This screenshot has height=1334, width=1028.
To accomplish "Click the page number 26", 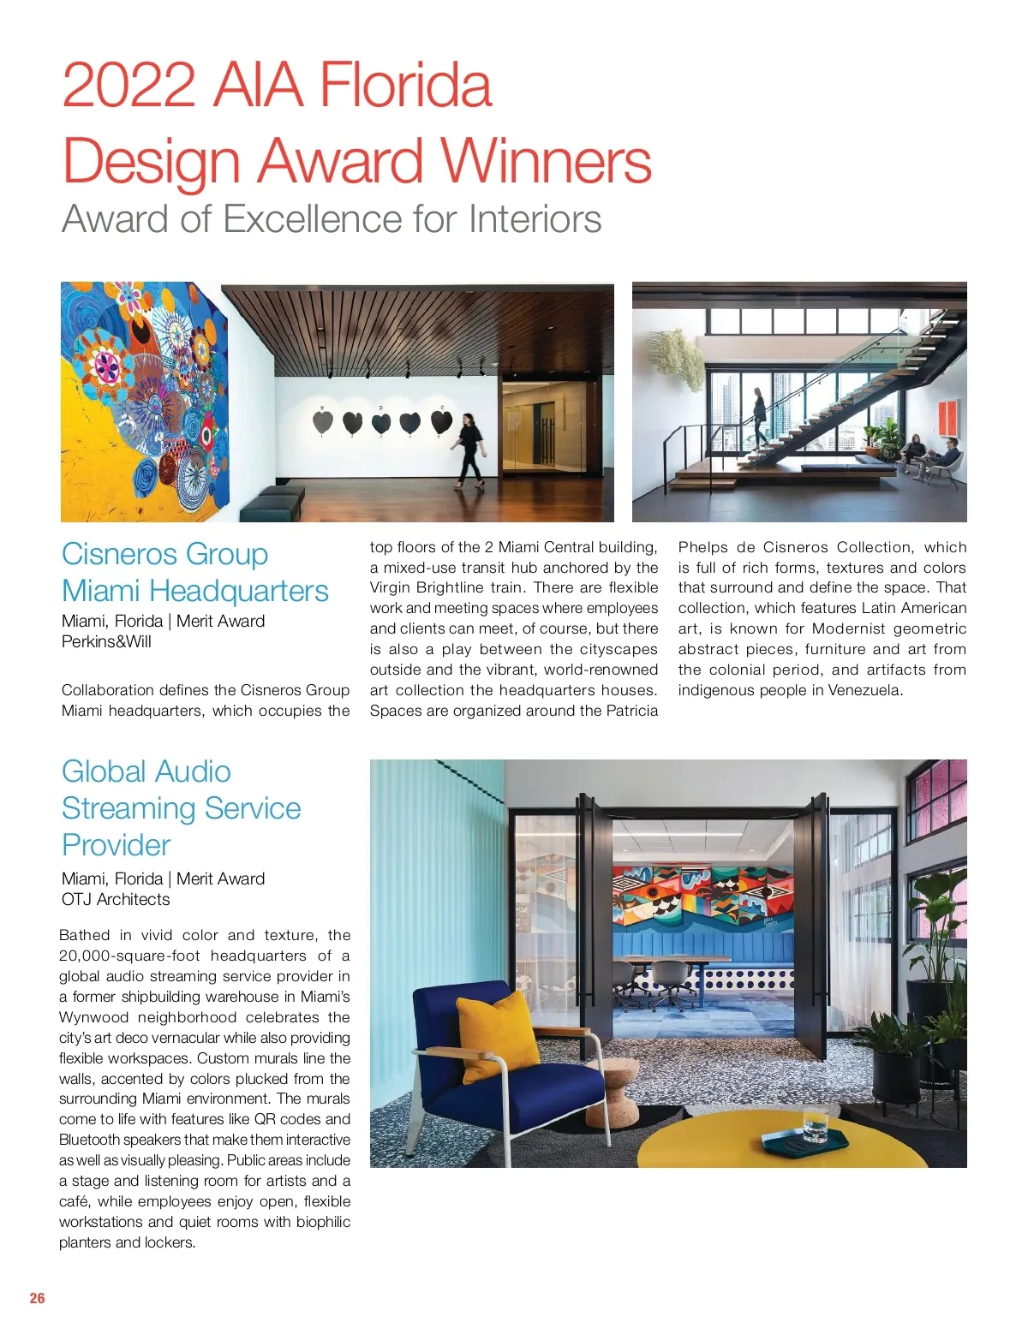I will pyautogui.click(x=37, y=1298).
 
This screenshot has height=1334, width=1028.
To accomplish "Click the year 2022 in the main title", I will pyautogui.click(x=128, y=86).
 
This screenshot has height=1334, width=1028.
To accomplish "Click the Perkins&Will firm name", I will pyautogui.click(x=106, y=641).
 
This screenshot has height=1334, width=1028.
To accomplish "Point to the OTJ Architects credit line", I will pyautogui.click(x=116, y=899).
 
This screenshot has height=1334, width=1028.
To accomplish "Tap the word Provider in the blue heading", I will pyautogui.click(x=116, y=845).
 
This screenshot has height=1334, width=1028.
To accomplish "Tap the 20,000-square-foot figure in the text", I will pyautogui.click(x=129, y=956).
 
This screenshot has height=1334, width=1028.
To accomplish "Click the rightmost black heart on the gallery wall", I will pyautogui.click(x=441, y=422).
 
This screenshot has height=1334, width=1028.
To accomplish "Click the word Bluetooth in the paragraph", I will pyautogui.click(x=90, y=1140).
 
